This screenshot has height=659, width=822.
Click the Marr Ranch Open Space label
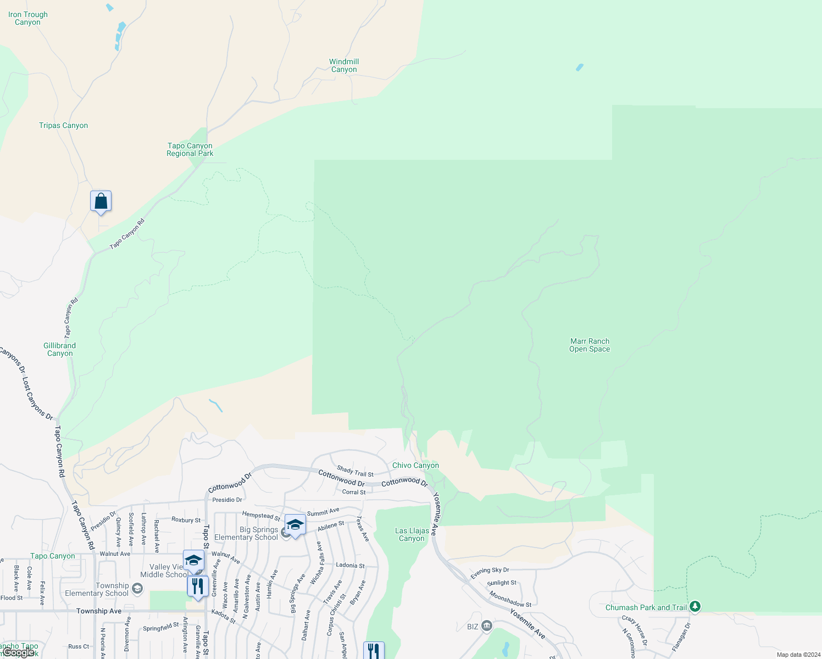point(590,345)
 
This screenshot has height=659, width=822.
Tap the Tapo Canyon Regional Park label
point(190,149)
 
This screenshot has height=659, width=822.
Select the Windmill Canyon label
point(344,65)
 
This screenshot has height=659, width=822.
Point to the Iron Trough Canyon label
point(28,18)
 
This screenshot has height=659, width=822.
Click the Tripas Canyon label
point(63,125)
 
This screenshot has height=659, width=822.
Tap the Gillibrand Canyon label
point(59,349)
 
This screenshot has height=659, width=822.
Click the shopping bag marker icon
point(101,201)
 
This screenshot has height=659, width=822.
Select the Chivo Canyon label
point(415,465)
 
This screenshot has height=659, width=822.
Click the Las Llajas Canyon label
point(412,534)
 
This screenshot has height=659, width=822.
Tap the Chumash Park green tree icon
point(695,606)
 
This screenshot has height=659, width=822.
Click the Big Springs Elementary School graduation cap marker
point(295,525)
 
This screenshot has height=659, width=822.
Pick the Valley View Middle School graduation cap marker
point(193,560)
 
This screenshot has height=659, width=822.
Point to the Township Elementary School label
point(97,589)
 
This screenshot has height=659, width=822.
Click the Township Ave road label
point(99,611)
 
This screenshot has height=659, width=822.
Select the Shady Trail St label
point(355,471)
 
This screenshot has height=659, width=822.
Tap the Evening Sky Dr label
point(490,573)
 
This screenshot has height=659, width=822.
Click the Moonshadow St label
point(510,599)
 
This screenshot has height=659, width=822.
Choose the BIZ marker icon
point(486,626)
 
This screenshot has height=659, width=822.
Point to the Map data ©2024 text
point(796,655)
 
